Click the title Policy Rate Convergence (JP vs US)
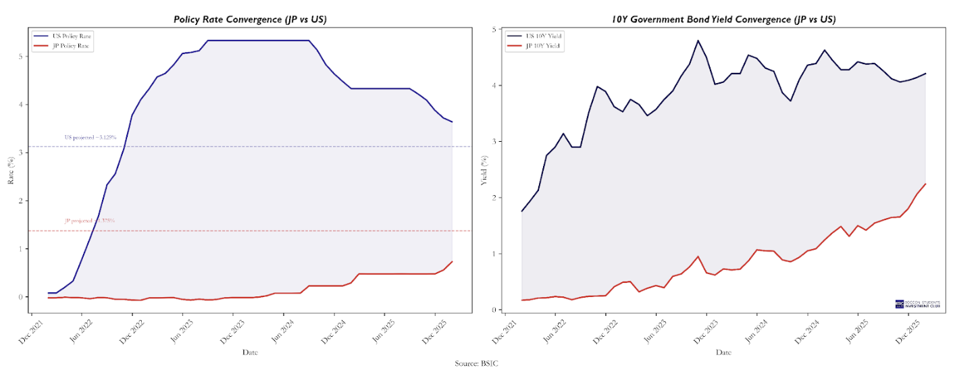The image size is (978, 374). coord(250,19)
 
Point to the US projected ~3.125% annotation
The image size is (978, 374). coord(91,137)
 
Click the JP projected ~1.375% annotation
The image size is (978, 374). coord(90,221)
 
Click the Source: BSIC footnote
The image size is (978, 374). coord(477,364)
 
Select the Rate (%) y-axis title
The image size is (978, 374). coord(11,171)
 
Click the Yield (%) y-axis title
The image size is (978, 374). coord(484,171)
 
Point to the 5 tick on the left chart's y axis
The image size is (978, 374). coord(21,57)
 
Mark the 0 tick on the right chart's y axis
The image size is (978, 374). coord(494,310)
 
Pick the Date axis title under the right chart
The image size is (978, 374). coord(723,352)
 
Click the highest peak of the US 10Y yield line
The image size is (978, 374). coord(697,41)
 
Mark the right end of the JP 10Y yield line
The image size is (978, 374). coord(925,184)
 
